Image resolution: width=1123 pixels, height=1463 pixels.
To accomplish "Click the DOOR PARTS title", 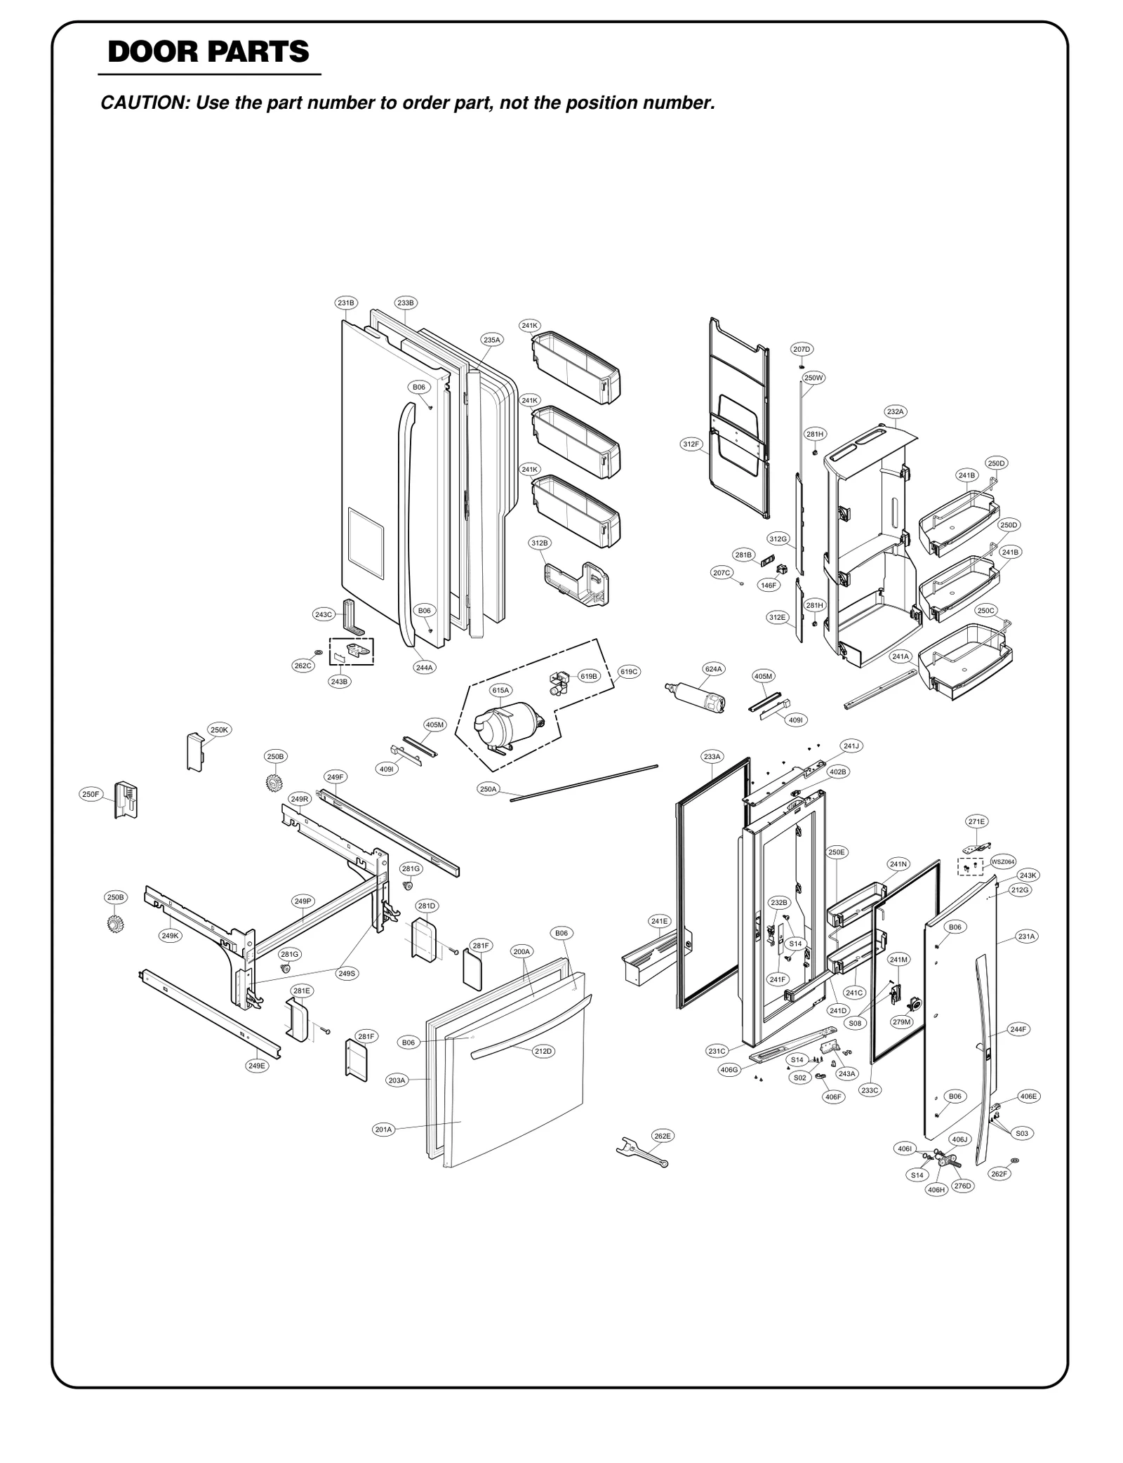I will (x=208, y=52).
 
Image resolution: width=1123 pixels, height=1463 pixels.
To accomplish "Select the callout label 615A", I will (x=500, y=690).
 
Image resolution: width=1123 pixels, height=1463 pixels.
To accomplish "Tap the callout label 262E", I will (x=662, y=1135).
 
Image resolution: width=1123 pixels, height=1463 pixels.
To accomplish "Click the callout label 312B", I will (x=539, y=543).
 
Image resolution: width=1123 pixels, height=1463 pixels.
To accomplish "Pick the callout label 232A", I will (x=895, y=411).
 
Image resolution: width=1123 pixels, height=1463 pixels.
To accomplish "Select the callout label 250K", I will (x=219, y=729).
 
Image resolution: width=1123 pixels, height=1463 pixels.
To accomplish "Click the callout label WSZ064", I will (x=1003, y=861).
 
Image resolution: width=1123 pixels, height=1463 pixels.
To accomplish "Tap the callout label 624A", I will (x=713, y=669).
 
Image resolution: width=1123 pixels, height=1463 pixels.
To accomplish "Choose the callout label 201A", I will (x=383, y=1129).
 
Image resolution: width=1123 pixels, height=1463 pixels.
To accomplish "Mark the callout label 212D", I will (x=543, y=1051).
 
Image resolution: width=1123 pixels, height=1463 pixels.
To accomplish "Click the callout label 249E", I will (x=257, y=1065).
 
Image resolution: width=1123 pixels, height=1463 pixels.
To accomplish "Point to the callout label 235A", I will (x=492, y=340).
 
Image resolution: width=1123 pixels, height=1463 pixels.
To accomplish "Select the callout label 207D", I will (x=802, y=349).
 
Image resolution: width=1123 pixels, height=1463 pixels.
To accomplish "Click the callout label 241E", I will (x=660, y=920).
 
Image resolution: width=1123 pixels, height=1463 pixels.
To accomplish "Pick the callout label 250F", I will (x=90, y=794).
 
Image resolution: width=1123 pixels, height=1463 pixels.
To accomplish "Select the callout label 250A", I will (x=489, y=789).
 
